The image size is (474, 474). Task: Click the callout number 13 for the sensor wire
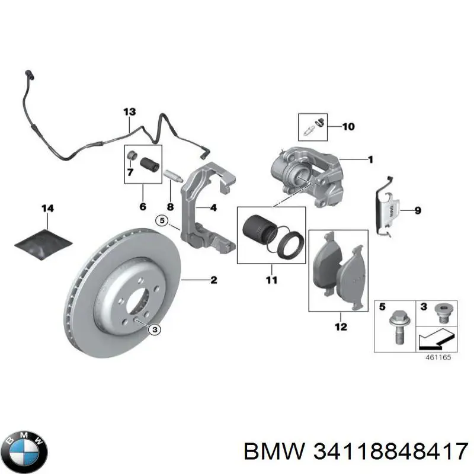pos(129,112)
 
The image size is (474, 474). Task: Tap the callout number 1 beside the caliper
pos(370,159)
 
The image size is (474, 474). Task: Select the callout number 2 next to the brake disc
pos(213,280)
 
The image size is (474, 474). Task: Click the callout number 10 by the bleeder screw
pos(348,127)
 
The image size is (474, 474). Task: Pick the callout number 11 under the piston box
pos(271,280)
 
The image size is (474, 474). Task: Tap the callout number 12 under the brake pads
pos(341,326)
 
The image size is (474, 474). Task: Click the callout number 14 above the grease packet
pos(47,208)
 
